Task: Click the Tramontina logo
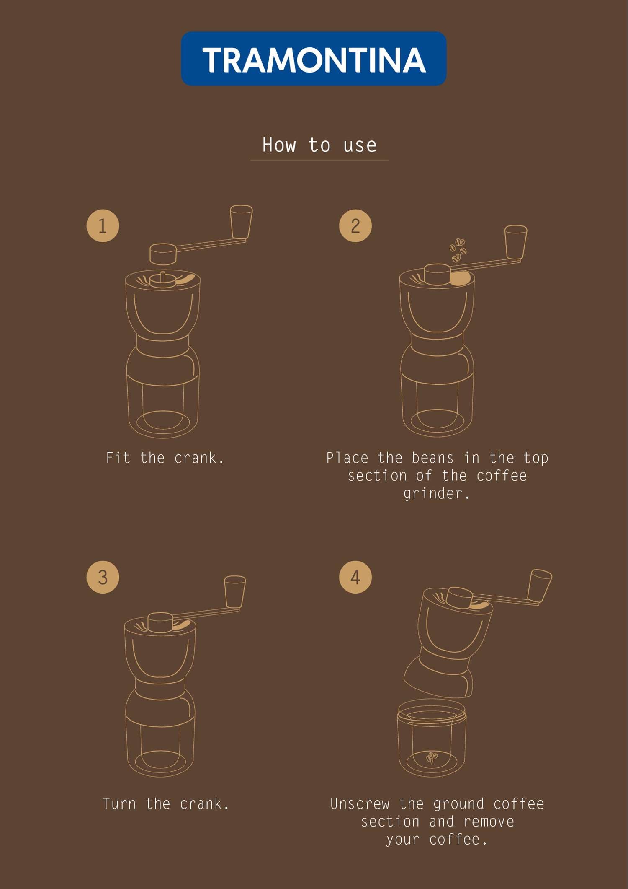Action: (x=314, y=59)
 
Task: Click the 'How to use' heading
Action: (x=319, y=145)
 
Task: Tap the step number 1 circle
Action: (x=103, y=226)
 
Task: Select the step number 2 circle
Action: (x=355, y=226)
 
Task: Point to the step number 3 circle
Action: (x=103, y=577)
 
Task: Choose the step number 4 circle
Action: (x=355, y=577)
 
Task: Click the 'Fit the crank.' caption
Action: (x=165, y=458)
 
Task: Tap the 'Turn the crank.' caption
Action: (x=166, y=803)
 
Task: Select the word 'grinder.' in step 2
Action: (x=436, y=493)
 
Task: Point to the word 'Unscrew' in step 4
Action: (x=360, y=803)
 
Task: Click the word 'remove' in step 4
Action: (x=489, y=822)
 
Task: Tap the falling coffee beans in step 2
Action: (x=458, y=250)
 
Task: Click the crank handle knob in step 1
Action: (x=241, y=222)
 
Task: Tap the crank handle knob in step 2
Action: (x=516, y=242)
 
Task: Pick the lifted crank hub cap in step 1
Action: (x=163, y=254)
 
